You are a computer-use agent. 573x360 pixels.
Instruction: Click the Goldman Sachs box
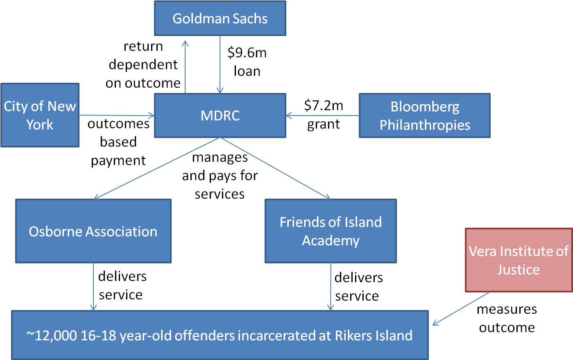point(220,18)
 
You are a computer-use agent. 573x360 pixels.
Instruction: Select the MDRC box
point(220,115)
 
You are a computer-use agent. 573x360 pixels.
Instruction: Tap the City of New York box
point(40,115)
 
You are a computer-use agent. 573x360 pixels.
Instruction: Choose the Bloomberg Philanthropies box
point(425,115)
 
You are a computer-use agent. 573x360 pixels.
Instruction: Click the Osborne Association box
point(93,231)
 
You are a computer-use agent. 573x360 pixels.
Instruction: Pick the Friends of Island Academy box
point(331,231)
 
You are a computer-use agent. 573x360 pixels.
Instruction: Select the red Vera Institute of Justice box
point(519,260)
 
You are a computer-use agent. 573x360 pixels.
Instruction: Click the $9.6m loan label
point(247,62)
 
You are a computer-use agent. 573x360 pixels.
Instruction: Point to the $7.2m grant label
point(324,115)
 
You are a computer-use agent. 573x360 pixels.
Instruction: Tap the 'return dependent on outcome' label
point(143,64)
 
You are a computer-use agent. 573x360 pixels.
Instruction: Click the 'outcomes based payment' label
point(118,142)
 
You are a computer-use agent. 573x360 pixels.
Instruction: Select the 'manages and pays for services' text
point(220,176)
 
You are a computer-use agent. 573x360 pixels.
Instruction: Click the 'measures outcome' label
point(507,318)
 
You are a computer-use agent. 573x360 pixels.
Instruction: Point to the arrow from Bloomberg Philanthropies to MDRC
point(323,115)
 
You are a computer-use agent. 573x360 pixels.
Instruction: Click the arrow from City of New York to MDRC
point(117,115)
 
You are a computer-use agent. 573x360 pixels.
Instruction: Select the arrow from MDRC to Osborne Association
point(157,168)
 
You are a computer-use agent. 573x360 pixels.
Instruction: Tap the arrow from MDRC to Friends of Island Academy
point(275,168)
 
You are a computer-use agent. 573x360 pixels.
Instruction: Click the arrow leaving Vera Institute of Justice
point(461,308)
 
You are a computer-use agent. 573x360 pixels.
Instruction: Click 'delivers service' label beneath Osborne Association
point(122,285)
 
